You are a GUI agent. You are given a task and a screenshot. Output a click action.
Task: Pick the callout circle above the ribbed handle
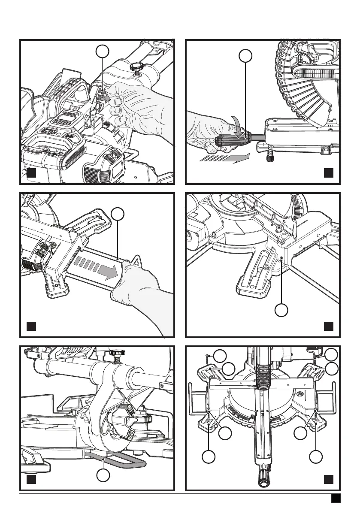tap(245, 55)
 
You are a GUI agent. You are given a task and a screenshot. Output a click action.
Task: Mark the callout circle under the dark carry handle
tap(102, 475)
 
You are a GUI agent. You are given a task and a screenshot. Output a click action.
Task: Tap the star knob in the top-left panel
tap(136, 67)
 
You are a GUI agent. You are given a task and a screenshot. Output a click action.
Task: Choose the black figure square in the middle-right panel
tap(328, 326)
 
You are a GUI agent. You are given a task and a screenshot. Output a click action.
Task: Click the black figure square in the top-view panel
tap(328, 479)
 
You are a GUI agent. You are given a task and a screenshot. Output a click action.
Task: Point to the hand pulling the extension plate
tap(137, 292)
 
